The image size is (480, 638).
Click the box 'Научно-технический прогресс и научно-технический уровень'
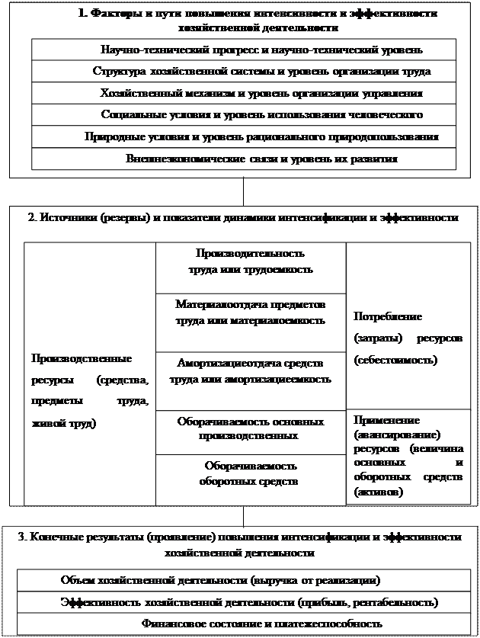tap(244, 50)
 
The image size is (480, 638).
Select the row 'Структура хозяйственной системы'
tap(244, 72)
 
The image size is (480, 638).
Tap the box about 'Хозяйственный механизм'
tap(244, 93)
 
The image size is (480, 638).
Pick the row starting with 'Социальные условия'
tap(244, 115)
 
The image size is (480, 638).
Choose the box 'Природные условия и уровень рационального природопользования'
tap(244, 137)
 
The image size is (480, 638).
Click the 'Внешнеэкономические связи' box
tap(244, 159)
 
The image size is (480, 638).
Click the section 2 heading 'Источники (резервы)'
tap(243, 217)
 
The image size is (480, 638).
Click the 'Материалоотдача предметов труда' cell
tap(251, 313)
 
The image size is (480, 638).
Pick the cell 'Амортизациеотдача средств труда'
tap(251, 371)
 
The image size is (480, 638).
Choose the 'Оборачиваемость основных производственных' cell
tap(251, 428)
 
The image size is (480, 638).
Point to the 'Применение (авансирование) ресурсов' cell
tap(409, 456)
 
